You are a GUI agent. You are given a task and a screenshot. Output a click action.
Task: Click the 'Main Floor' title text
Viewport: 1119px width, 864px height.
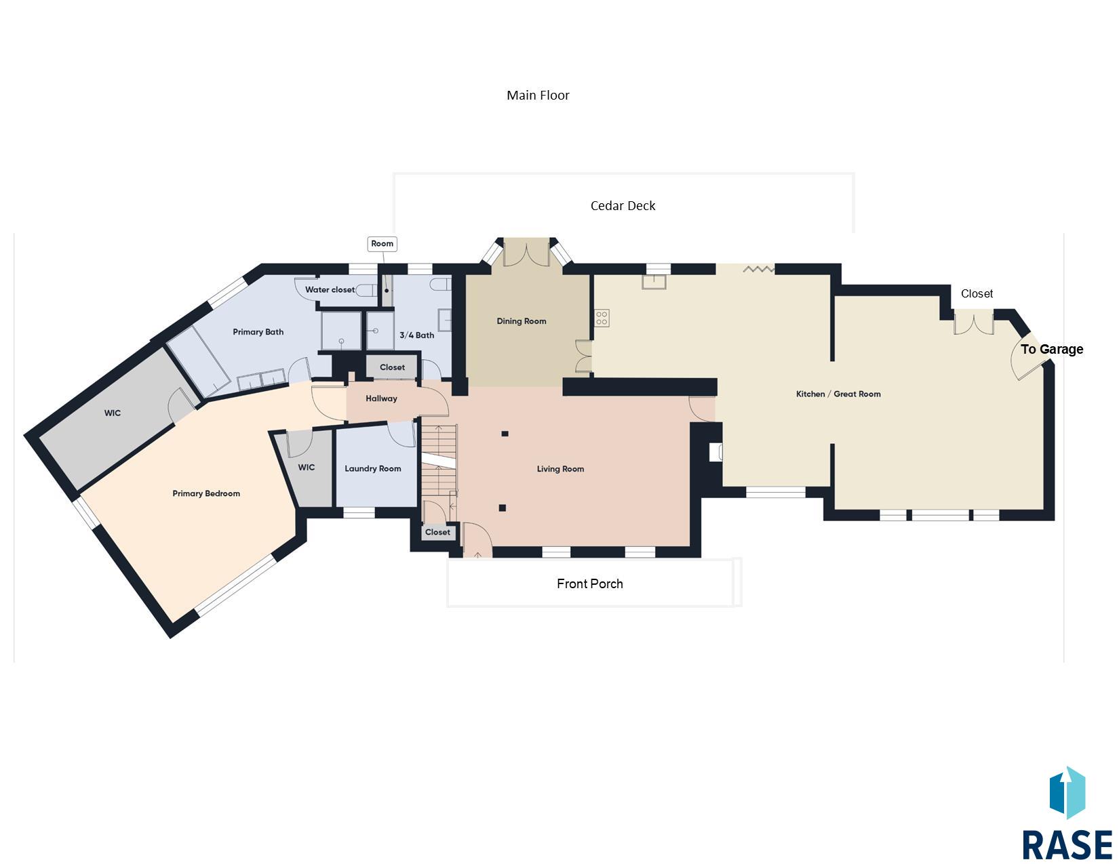[538, 95]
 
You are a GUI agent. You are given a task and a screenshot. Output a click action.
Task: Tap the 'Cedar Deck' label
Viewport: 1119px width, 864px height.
[623, 206]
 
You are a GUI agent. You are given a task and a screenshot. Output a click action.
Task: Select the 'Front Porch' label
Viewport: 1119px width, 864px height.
[589, 583]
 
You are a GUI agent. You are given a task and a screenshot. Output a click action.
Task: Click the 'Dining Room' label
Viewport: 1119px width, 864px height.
[521, 321]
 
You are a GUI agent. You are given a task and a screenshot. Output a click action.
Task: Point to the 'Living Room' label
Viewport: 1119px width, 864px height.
[560, 469]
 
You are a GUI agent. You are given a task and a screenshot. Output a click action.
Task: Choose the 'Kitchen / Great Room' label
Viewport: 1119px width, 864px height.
[838, 394]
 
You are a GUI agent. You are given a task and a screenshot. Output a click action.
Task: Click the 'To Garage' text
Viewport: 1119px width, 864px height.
[1052, 350]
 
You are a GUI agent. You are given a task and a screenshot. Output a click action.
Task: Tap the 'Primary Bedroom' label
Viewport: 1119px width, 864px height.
[206, 493]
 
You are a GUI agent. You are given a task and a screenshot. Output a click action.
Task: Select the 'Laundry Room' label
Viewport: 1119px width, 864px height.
[373, 469]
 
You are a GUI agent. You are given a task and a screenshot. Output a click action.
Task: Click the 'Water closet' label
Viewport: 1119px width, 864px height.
[330, 290]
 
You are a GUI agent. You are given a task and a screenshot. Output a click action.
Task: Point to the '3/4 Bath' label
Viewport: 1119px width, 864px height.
[416, 335]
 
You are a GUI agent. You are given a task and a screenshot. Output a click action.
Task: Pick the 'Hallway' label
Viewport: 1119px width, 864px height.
[381, 398]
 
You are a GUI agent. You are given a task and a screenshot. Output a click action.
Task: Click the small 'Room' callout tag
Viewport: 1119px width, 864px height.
[382, 243]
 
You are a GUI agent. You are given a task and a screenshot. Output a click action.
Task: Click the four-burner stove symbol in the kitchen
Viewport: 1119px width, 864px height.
[602, 318]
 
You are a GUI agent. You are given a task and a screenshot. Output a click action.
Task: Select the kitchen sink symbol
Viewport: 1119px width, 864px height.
[654, 282]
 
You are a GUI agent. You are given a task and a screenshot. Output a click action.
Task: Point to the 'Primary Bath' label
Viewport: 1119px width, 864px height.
[258, 332]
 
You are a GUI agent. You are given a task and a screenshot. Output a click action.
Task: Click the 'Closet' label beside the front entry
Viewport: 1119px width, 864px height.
[437, 532]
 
